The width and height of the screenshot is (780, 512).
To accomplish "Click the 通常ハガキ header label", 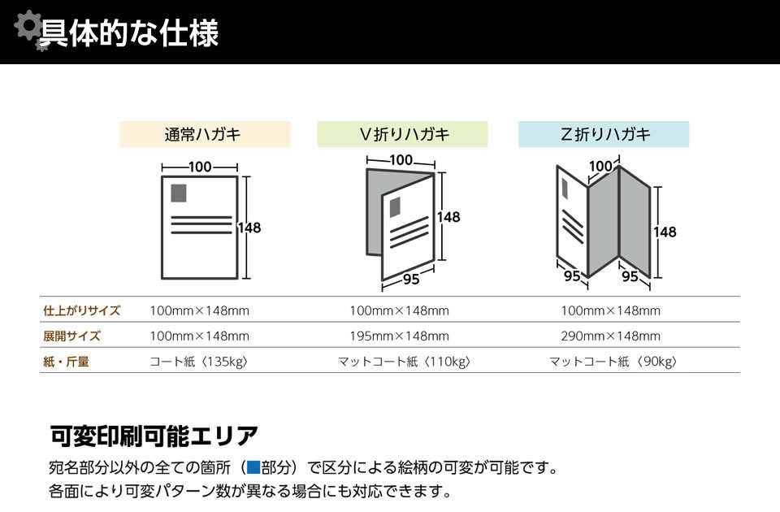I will pyautogui.click(x=205, y=134).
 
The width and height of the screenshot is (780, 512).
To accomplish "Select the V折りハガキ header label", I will pyautogui.click(x=402, y=134).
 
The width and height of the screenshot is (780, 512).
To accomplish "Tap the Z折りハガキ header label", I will pyautogui.click(x=604, y=134).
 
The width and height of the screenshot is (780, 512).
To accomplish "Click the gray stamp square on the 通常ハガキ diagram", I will pyautogui.click(x=179, y=193).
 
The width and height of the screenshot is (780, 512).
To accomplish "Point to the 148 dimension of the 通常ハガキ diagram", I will pyautogui.click(x=249, y=228).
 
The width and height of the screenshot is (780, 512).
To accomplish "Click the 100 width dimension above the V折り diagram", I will pyautogui.click(x=401, y=160).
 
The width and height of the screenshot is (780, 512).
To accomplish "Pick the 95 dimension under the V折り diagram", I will pyautogui.click(x=410, y=280).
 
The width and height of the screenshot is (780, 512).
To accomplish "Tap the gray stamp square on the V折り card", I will pyautogui.click(x=395, y=206).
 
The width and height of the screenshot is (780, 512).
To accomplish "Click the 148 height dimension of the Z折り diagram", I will pyautogui.click(x=665, y=232).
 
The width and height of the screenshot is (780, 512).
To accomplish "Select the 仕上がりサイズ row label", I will pyautogui.click(x=81, y=310).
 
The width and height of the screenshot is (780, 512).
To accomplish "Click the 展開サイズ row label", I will pyautogui.click(x=71, y=336).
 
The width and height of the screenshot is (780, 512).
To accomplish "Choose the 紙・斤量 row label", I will pyautogui.click(x=66, y=362).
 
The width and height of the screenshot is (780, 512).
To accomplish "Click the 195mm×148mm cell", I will pyautogui.click(x=399, y=336).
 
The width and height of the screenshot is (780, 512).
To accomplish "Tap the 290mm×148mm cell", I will pyautogui.click(x=610, y=336).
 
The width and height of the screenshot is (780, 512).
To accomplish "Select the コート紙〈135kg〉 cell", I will pyautogui.click(x=199, y=362).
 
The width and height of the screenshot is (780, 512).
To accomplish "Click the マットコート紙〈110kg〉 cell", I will pyautogui.click(x=404, y=362).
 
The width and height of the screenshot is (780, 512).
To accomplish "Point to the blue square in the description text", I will pyautogui.click(x=253, y=467).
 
